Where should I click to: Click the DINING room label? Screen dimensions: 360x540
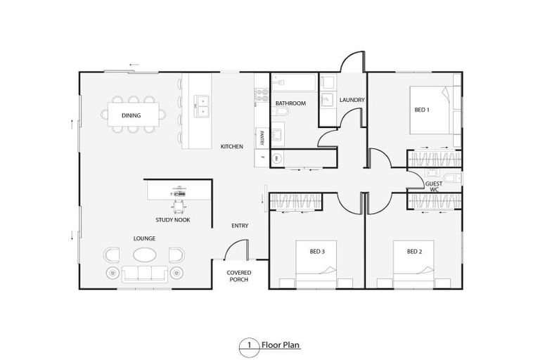tap(131, 115)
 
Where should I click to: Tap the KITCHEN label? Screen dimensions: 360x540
tap(232, 146)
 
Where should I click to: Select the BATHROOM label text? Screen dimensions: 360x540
tap(290, 103)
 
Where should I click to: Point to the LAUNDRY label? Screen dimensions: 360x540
tap(352, 100)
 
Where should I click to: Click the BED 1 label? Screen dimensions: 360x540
tap(421, 110)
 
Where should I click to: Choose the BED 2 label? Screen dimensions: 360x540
tap(414, 251)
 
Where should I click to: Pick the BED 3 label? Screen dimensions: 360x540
tap(317, 251)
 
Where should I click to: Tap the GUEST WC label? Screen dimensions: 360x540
tap(434, 186)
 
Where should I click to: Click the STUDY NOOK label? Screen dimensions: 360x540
tap(173, 220)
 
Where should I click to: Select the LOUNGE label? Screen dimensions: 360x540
tap(145, 238)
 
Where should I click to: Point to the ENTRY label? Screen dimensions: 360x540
tap(240, 226)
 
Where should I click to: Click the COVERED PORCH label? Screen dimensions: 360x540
tap(239, 276)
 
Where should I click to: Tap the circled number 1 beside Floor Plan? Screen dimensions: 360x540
tap(248, 345)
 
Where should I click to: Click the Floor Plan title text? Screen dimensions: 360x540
tap(281, 345)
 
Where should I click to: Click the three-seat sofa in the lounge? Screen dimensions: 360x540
tap(145, 274)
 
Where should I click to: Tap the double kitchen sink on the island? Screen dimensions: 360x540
tap(201, 105)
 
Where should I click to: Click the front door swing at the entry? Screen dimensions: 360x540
tap(238, 249)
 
